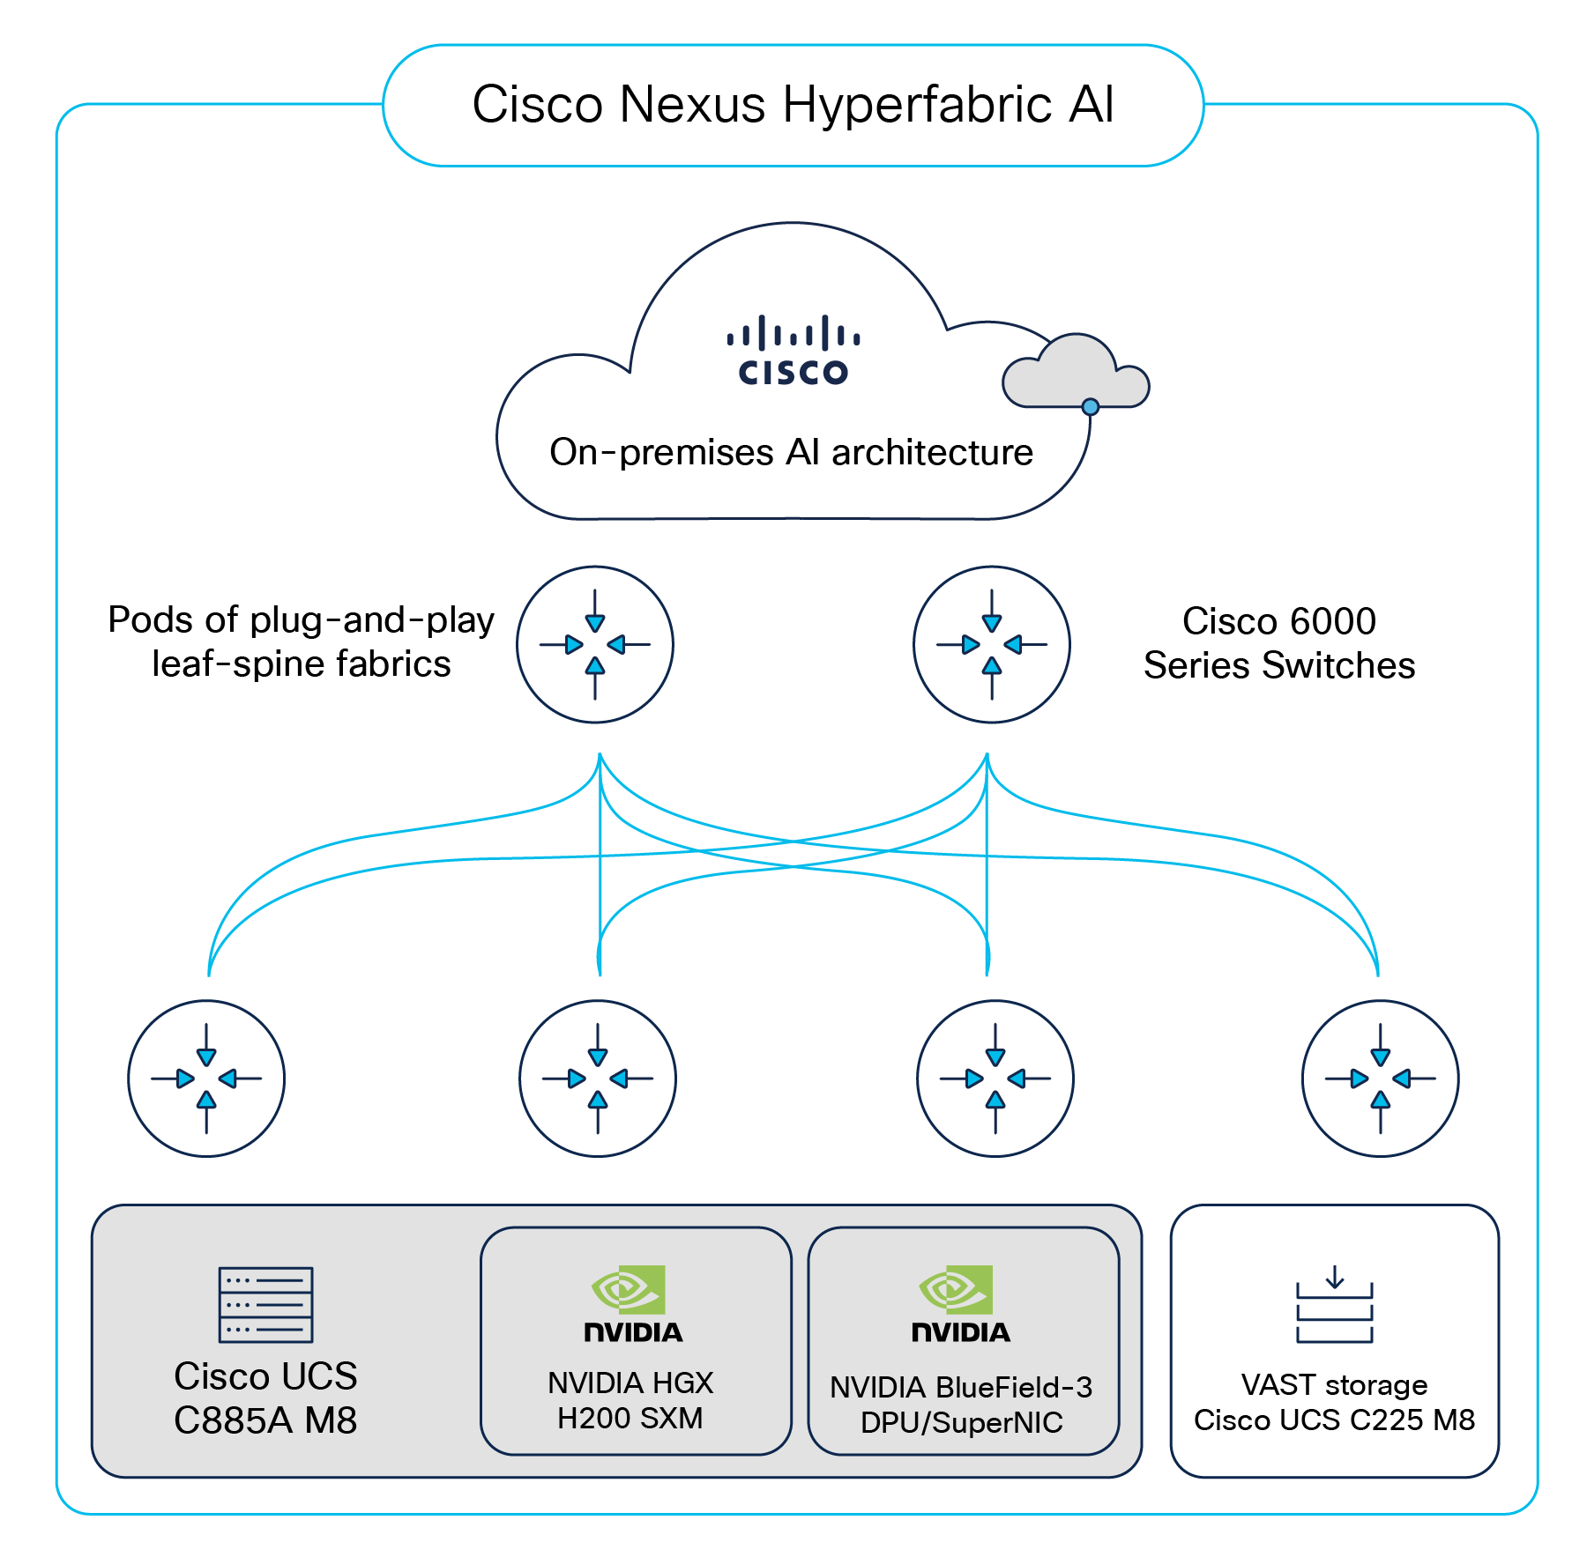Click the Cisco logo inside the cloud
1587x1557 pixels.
click(x=793, y=351)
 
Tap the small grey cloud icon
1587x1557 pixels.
click(x=1075, y=374)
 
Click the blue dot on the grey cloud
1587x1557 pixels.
click(x=1091, y=406)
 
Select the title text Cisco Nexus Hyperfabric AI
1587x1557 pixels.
click(x=793, y=105)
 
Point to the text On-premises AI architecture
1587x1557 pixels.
click(x=791, y=452)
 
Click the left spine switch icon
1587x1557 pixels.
click(x=595, y=644)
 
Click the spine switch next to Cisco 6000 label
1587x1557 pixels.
click(x=992, y=644)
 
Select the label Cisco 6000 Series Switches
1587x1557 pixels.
click(x=1278, y=643)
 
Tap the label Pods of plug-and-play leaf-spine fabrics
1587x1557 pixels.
click(x=302, y=641)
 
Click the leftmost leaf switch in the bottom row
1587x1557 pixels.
click(x=206, y=1078)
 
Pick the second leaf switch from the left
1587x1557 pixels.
click(x=598, y=1078)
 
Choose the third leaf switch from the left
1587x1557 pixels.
click(x=995, y=1078)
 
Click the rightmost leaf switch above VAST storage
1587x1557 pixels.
click(x=1381, y=1078)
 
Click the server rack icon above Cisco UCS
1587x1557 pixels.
click(x=265, y=1304)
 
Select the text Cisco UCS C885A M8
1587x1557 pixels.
click(x=265, y=1398)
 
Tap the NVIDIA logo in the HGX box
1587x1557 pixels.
click(x=632, y=1305)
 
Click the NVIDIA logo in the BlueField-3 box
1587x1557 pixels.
click(x=960, y=1305)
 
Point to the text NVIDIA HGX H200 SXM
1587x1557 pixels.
click(x=630, y=1400)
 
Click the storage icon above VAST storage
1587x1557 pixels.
click(x=1334, y=1306)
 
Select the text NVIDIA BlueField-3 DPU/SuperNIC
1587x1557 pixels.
click(x=961, y=1405)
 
